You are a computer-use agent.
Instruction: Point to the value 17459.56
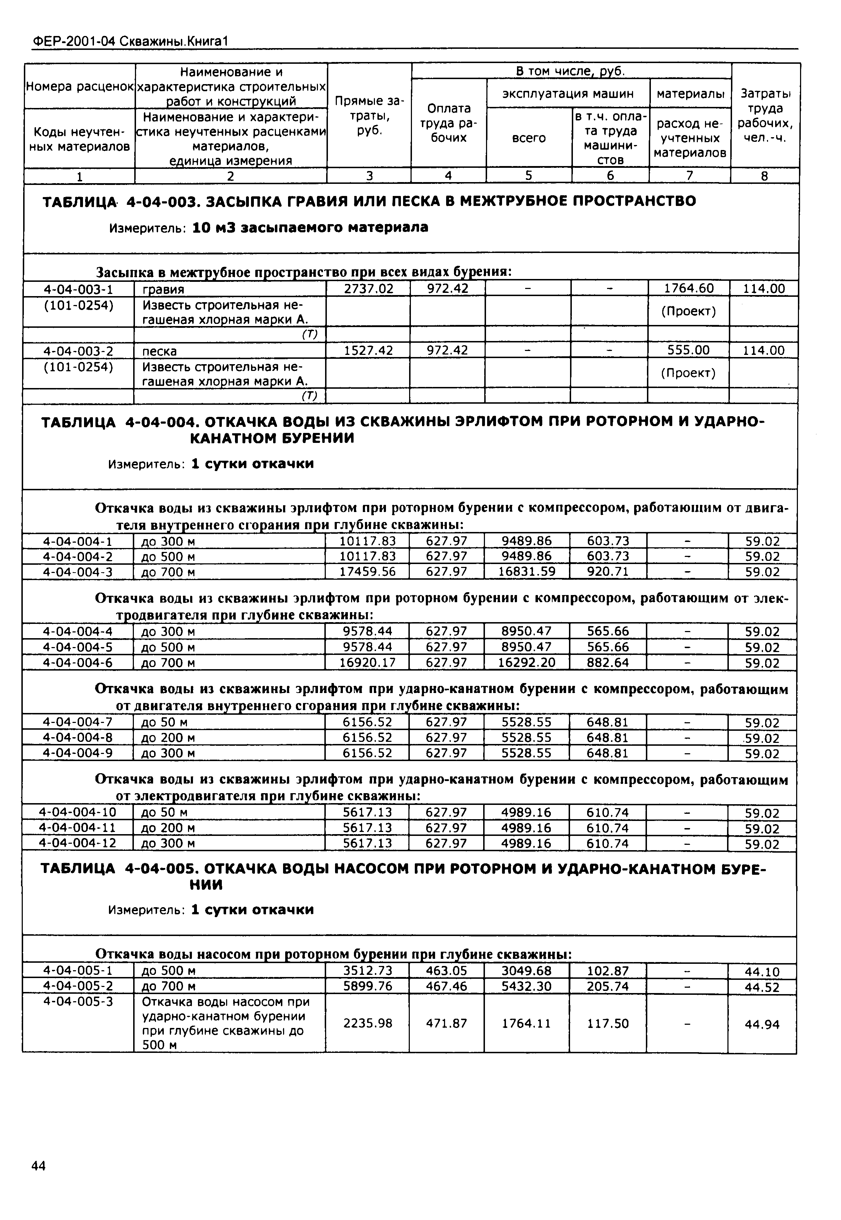click(x=367, y=572)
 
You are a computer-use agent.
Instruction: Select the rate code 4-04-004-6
click(x=78, y=662)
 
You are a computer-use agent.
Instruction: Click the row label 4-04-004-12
click(x=78, y=843)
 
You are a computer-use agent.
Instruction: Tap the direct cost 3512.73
click(x=367, y=971)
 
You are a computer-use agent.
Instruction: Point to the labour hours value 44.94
click(x=762, y=1024)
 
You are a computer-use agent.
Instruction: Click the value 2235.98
click(x=367, y=1023)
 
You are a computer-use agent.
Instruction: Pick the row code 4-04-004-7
click(x=78, y=722)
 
